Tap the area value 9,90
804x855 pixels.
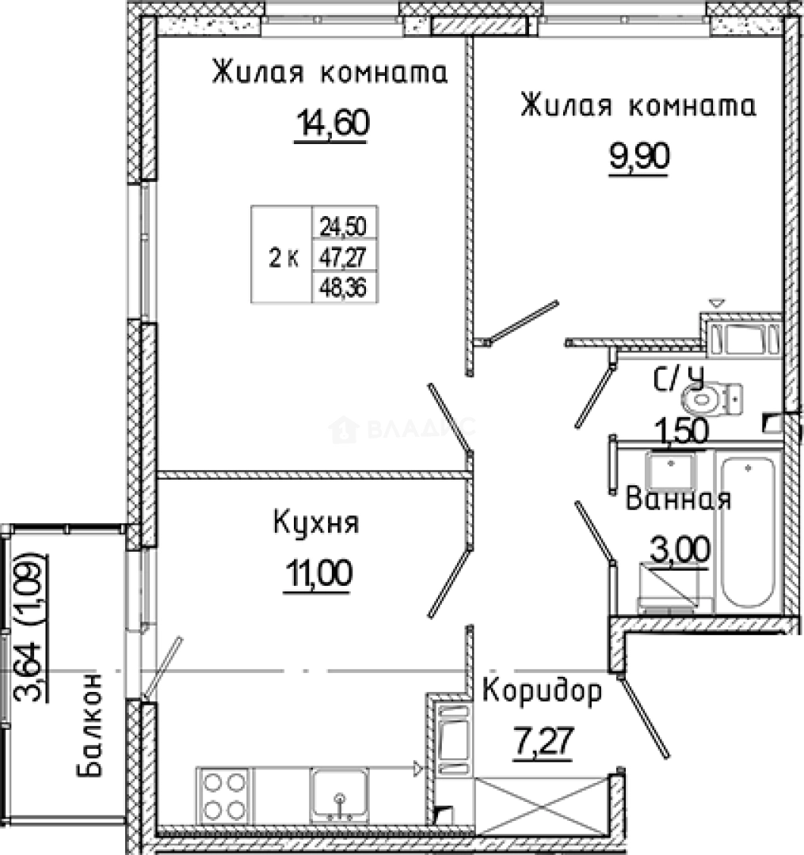tap(639, 158)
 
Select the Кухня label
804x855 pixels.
tap(316, 523)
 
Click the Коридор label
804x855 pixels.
tap(542, 692)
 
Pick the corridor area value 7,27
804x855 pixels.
tap(542, 743)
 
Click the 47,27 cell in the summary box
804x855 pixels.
tap(343, 256)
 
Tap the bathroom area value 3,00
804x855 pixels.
tap(680, 548)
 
